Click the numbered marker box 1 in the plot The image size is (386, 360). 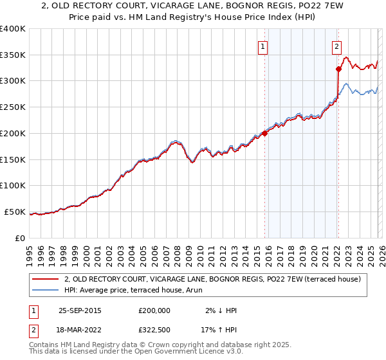coord(264,46)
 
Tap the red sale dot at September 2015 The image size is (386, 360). coord(264,133)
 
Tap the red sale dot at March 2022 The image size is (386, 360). coord(338,69)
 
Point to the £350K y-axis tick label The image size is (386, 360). coord(13,55)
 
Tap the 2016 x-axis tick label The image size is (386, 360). coord(268,253)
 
